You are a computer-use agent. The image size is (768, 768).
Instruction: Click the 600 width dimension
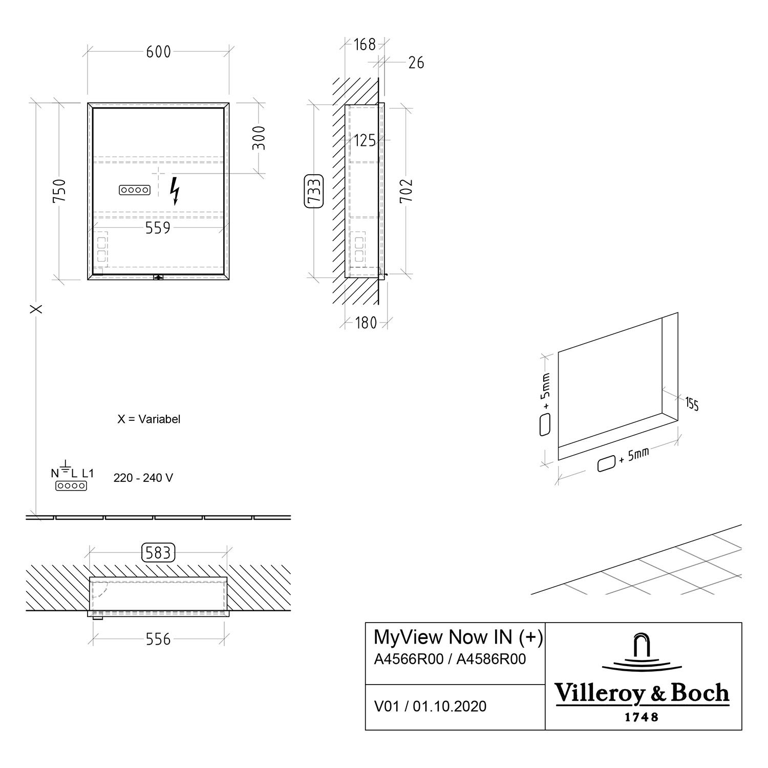(159, 52)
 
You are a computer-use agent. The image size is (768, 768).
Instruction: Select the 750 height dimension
(59, 190)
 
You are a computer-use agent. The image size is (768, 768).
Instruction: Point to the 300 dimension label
(260, 138)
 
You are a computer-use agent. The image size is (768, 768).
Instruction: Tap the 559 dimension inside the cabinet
(158, 228)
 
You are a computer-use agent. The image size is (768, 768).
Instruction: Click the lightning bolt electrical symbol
(175, 191)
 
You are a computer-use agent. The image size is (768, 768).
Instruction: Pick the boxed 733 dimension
(314, 191)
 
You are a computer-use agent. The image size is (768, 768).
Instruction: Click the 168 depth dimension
(365, 45)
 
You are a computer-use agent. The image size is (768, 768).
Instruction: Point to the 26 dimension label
(416, 62)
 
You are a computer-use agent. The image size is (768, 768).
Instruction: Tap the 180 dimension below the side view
(366, 323)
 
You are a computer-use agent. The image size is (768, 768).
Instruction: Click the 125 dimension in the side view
(365, 140)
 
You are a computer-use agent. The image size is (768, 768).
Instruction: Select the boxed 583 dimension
(158, 553)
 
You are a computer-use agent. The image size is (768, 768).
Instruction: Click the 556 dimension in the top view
(158, 639)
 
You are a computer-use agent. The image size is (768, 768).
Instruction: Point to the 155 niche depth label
(692, 404)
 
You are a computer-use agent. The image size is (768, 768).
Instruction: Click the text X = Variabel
(149, 419)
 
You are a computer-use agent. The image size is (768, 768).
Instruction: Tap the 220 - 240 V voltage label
(143, 478)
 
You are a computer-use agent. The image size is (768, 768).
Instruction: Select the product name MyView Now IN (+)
(459, 637)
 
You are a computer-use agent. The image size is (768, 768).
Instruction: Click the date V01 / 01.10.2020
(431, 707)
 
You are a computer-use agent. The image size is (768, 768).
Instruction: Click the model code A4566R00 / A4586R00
(450, 659)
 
